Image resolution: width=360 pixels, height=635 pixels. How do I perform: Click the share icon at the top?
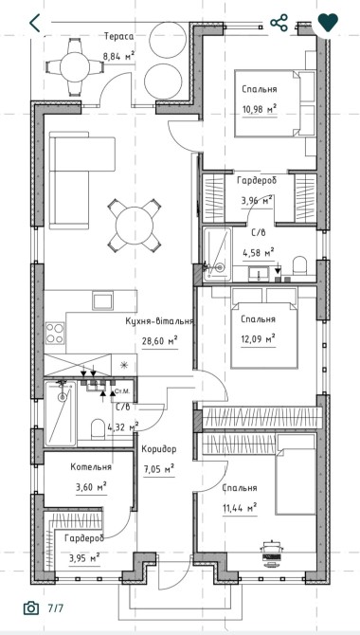tap(279, 23)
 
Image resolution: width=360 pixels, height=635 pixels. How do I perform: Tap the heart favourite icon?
tap(328, 23)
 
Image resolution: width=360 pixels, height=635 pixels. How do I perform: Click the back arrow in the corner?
tap(35, 23)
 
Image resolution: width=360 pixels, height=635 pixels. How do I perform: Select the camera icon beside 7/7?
tap(31, 608)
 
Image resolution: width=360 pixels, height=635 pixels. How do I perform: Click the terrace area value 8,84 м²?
tap(118, 56)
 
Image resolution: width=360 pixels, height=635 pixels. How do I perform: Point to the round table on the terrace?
tap(75, 67)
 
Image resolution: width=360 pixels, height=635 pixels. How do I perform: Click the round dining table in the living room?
tap(134, 226)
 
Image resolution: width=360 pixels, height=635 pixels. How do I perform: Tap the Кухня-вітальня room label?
tap(159, 321)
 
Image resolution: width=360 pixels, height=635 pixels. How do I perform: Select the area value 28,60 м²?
tap(159, 340)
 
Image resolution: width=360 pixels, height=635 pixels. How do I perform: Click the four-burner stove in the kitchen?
tap(55, 333)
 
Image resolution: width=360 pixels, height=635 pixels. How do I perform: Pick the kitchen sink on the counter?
tap(102, 300)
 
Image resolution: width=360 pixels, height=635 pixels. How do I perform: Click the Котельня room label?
tap(91, 467)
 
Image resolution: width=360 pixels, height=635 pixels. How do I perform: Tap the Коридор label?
tap(159, 449)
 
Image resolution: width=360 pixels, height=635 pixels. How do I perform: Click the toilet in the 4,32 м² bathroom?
tap(98, 429)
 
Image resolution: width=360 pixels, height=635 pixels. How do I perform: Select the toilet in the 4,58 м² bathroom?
tap(300, 265)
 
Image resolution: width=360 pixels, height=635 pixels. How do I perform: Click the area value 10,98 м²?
tap(260, 109)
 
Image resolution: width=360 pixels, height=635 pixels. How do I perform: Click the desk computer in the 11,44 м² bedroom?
tap(273, 552)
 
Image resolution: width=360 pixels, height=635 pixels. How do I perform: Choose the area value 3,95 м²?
tap(84, 559)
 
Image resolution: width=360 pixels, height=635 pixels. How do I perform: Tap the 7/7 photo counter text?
tap(56, 608)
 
